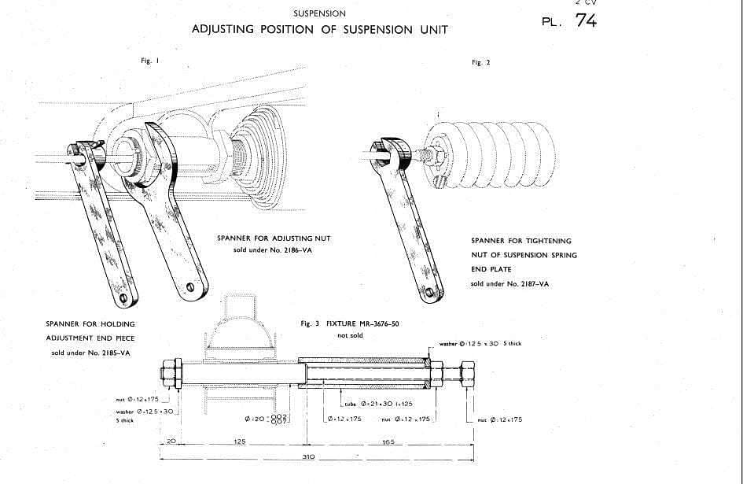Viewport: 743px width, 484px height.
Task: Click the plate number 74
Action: tap(586, 21)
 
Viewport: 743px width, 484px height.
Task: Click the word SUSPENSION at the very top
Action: tap(318, 13)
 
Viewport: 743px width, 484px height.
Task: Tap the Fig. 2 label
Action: tap(480, 62)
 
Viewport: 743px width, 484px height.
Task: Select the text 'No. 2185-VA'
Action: tap(108, 352)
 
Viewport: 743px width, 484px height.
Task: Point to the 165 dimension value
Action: tap(388, 442)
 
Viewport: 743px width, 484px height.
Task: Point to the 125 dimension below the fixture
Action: tap(241, 442)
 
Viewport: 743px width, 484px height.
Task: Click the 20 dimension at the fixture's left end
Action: tap(171, 442)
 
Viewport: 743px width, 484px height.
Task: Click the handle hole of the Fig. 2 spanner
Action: tap(429, 294)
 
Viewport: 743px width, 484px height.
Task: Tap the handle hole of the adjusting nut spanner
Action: tap(191, 286)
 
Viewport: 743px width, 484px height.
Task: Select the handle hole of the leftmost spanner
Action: tap(123, 298)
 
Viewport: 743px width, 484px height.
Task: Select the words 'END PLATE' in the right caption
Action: tap(491, 270)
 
